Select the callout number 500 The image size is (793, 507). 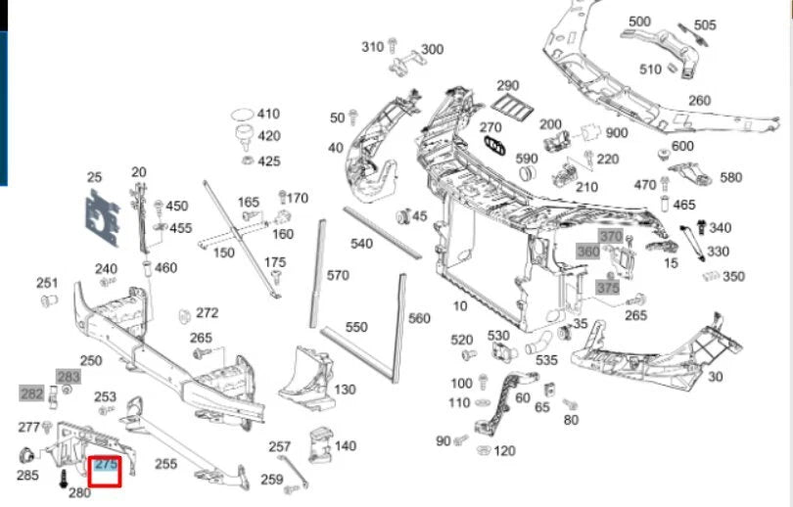(639, 22)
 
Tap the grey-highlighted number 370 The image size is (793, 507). (611, 237)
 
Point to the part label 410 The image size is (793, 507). (267, 114)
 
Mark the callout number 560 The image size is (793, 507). (419, 318)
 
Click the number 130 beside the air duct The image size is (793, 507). (345, 390)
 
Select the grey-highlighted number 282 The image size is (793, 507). (32, 393)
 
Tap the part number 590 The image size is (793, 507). (527, 159)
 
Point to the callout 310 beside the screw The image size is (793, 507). (373, 47)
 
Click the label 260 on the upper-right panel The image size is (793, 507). (699, 101)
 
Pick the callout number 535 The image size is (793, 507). (548, 359)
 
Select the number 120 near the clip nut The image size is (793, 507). (504, 450)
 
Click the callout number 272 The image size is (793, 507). (207, 313)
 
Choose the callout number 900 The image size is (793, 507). (617, 133)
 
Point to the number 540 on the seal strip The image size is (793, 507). (361, 243)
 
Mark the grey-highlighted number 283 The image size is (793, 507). (69, 377)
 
